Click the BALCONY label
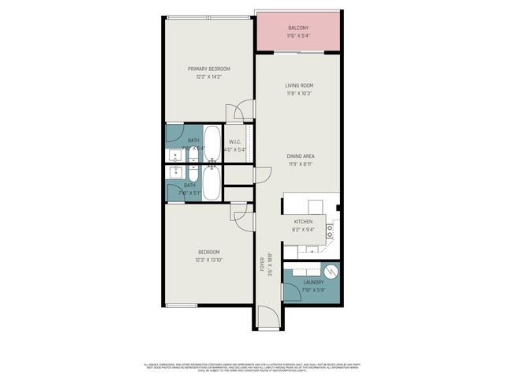click(x=298, y=28)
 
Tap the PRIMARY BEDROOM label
click(x=208, y=69)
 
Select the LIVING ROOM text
click(x=299, y=85)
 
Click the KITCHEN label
click(x=304, y=222)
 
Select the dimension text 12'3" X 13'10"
click(x=208, y=261)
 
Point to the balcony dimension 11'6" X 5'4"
click(x=298, y=36)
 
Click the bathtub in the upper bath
click(x=212, y=141)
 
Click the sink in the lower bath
click(x=172, y=171)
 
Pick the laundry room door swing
click(x=291, y=291)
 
